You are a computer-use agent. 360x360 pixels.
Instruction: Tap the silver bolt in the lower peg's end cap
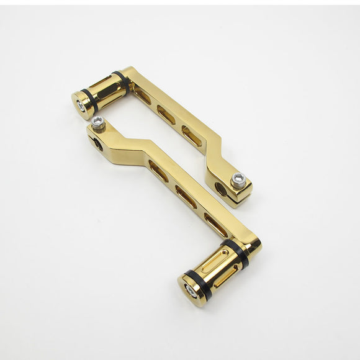191,292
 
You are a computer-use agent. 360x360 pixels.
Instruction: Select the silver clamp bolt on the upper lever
238,180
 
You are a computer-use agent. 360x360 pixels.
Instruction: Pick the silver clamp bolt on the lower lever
98,123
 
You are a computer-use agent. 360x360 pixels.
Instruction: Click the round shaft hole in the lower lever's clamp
97,144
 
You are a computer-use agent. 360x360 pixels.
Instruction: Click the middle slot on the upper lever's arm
166,114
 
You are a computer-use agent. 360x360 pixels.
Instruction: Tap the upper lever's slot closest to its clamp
191,136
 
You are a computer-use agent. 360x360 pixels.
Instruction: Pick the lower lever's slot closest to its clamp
158,171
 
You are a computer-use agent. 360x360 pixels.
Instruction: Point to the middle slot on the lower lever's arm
186,196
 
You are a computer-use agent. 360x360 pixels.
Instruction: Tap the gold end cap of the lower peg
190,288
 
